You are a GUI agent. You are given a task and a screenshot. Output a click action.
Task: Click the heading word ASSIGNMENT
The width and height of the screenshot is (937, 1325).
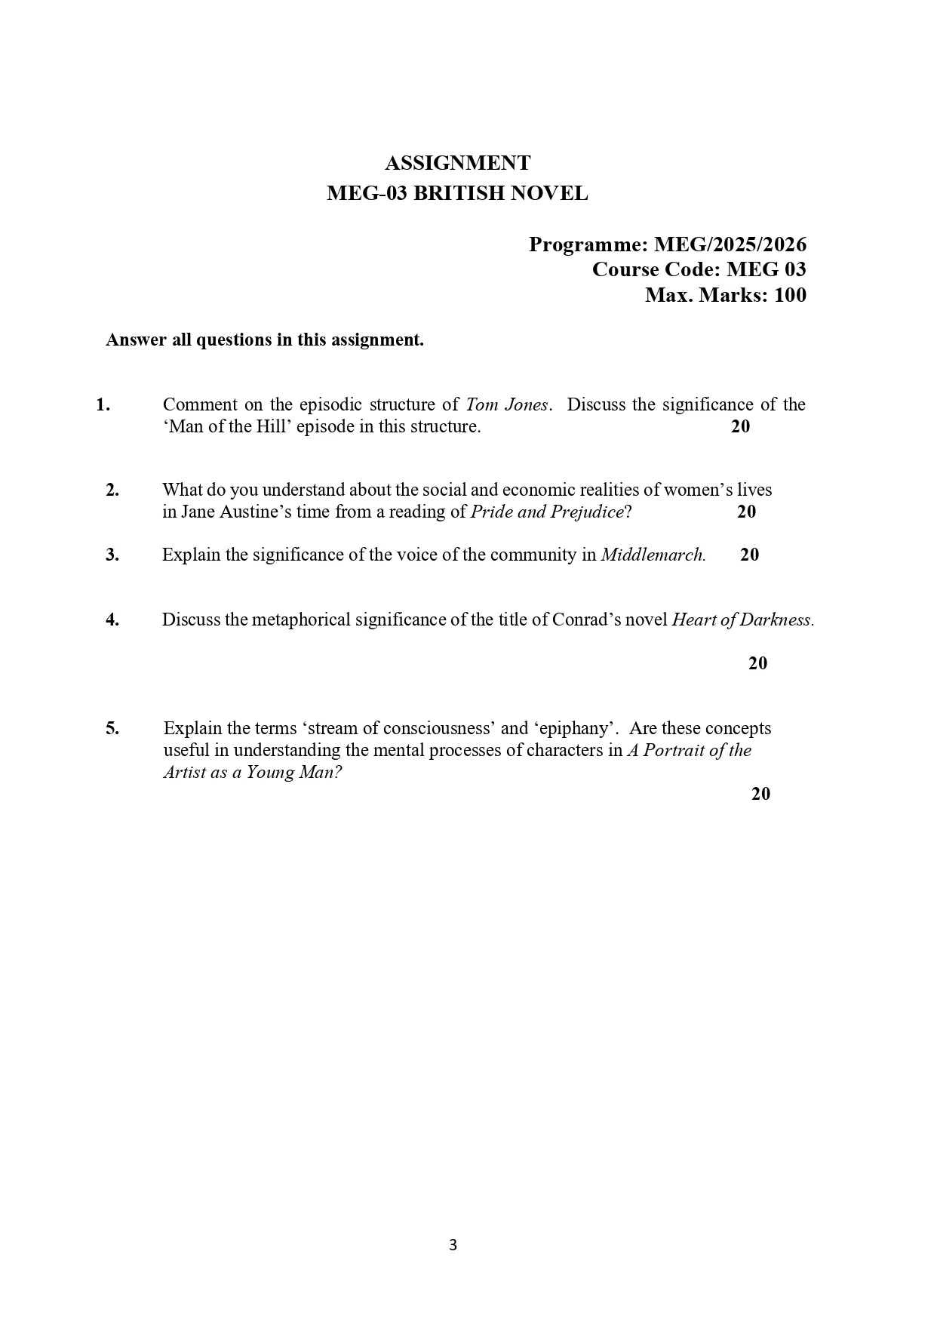coord(457,163)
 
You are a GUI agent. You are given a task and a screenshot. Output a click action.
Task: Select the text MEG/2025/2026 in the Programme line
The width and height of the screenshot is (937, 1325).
coord(730,244)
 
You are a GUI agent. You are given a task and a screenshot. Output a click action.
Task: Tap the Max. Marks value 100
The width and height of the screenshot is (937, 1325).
coord(790,295)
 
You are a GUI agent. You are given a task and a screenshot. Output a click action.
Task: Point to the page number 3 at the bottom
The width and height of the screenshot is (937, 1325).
coord(453,1246)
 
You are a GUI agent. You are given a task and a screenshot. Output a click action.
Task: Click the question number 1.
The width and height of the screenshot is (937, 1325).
coord(103,405)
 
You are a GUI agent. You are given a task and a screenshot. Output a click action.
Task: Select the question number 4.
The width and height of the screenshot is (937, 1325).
coord(112,620)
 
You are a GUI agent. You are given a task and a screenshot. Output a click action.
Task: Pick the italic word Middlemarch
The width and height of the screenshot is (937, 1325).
coord(653,555)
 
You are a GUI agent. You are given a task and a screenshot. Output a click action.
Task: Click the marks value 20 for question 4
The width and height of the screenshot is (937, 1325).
coord(757,664)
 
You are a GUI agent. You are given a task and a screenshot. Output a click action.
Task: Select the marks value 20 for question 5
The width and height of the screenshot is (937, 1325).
coord(760,794)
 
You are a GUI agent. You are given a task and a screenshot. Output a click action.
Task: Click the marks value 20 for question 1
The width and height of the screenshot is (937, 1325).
coord(740,427)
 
